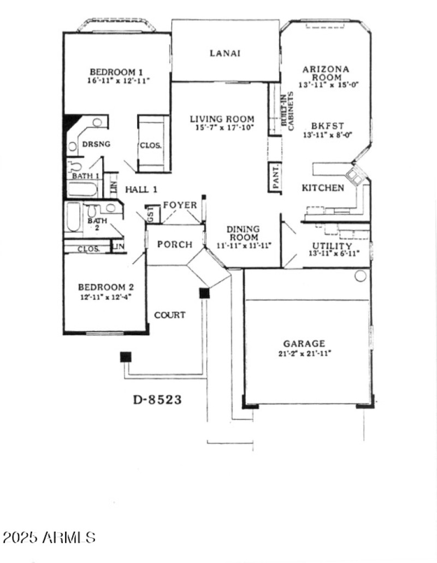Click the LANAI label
pos(225,53)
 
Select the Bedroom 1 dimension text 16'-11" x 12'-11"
pos(117,80)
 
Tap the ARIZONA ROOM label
pos(326,73)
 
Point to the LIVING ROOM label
pos(222,119)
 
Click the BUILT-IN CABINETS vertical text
pos(287,110)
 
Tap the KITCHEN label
pos(323,188)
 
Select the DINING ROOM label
pos(243,233)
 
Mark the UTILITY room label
pos(332,246)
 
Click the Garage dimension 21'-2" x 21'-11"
pos(304,353)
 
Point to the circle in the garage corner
pos(360,276)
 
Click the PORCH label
pos(175,244)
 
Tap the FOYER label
pos(180,205)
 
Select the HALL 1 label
pos(141,189)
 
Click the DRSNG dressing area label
pos(96,144)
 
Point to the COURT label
pos(169,315)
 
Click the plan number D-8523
pos(157,399)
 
